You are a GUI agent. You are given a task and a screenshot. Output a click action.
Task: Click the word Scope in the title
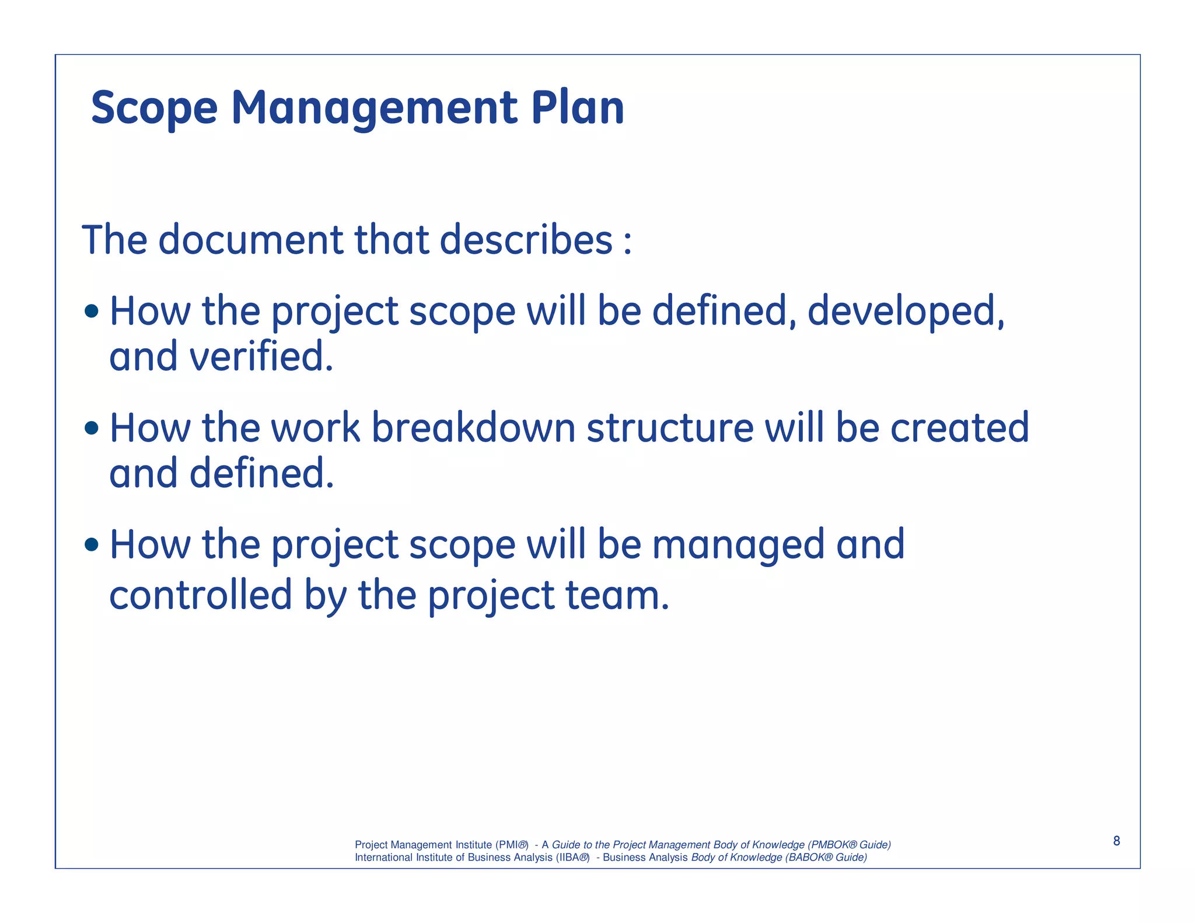pyautogui.click(x=154, y=109)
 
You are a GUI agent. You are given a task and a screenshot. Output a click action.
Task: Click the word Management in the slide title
pyautogui.click(x=374, y=109)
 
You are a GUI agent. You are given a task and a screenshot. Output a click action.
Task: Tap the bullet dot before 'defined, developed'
pyautogui.click(x=92, y=312)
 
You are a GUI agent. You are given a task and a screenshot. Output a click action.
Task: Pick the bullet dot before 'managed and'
pyautogui.click(x=92, y=545)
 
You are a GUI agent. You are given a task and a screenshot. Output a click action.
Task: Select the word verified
pyautogui.click(x=261, y=356)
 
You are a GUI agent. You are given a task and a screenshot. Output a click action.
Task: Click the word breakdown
pyautogui.click(x=473, y=428)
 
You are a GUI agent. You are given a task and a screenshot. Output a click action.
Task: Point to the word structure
pyautogui.click(x=670, y=428)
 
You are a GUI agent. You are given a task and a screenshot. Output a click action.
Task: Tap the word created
pyautogui.click(x=959, y=428)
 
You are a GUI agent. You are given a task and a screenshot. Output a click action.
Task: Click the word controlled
pyautogui.click(x=200, y=595)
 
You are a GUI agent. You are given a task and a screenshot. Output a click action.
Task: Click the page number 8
pyautogui.click(x=1116, y=841)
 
